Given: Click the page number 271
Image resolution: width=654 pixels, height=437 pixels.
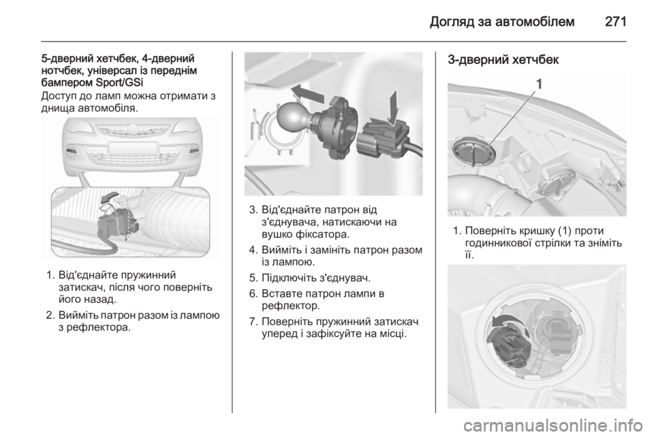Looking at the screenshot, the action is click(615, 21).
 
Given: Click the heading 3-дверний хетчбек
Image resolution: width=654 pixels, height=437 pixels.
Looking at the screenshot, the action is click(503, 60).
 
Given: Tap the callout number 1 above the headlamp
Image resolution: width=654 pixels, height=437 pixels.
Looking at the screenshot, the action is click(540, 84).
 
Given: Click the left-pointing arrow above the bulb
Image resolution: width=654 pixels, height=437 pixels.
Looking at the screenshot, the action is click(307, 92).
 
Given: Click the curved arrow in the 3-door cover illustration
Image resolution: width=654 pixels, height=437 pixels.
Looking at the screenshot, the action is click(507, 321).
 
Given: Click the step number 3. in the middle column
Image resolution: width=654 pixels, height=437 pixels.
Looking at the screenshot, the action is click(253, 209).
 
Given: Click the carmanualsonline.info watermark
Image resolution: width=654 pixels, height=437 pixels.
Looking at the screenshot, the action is click(552, 425).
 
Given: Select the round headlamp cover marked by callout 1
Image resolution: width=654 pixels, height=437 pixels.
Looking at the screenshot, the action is click(474, 154).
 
